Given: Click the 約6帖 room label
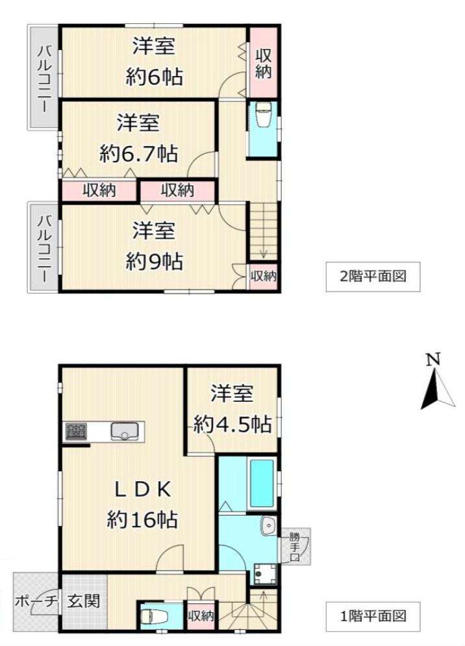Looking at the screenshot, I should click(x=154, y=78).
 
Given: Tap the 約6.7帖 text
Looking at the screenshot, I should click(x=139, y=154).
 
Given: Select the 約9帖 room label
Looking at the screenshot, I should click(x=154, y=261).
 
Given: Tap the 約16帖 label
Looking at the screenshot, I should click(x=143, y=519).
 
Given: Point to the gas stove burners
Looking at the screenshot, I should click(x=76, y=432).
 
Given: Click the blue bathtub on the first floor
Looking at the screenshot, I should click(x=262, y=483).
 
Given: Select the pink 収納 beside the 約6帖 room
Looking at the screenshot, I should click(x=263, y=62).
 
